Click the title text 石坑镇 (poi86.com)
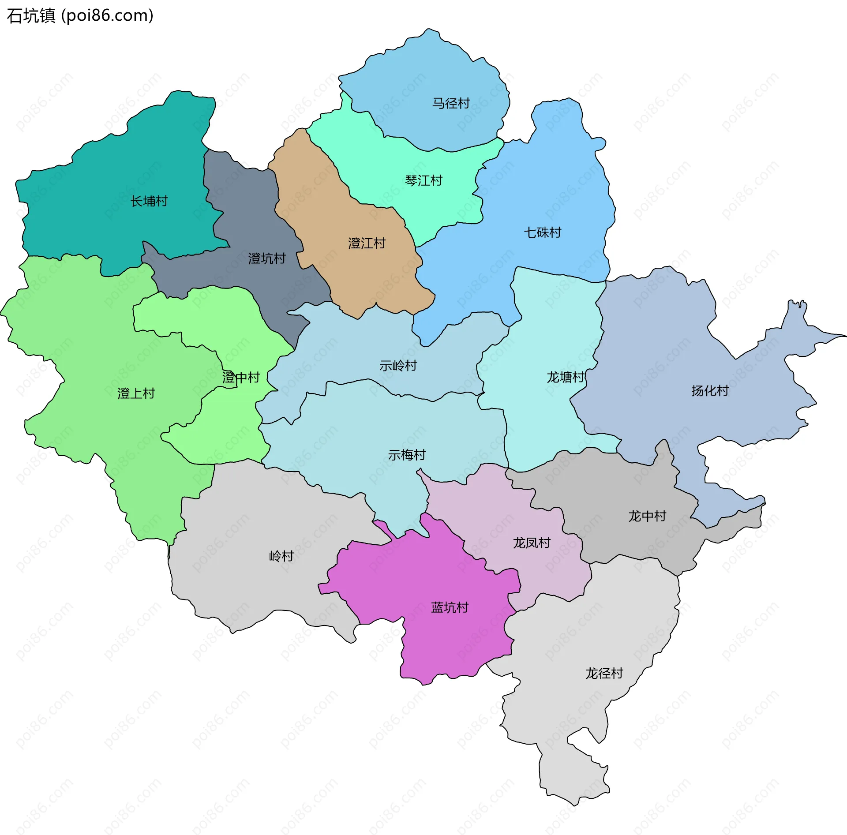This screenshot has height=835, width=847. click(x=80, y=16)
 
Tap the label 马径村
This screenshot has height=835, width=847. click(x=451, y=104)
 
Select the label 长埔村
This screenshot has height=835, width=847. click(x=149, y=202)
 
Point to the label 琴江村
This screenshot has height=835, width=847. click(x=423, y=181)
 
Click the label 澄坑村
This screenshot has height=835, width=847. click(x=267, y=258)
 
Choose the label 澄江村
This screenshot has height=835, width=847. click(x=367, y=243)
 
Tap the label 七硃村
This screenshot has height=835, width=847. click(x=542, y=233)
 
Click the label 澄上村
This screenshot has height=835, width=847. click(x=136, y=394)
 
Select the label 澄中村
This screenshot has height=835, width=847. click(x=241, y=378)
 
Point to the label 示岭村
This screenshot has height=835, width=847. click(x=398, y=366)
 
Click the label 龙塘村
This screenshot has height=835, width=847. click(x=566, y=378)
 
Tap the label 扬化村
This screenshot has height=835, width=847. click(x=710, y=391)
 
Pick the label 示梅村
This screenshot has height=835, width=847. click(x=407, y=455)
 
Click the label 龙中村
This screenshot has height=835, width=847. click(x=647, y=517)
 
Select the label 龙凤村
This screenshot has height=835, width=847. click(x=532, y=543)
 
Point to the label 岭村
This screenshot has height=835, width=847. click(x=281, y=556)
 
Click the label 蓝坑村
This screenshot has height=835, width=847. click(x=450, y=608)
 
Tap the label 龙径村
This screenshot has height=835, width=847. click(x=604, y=674)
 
